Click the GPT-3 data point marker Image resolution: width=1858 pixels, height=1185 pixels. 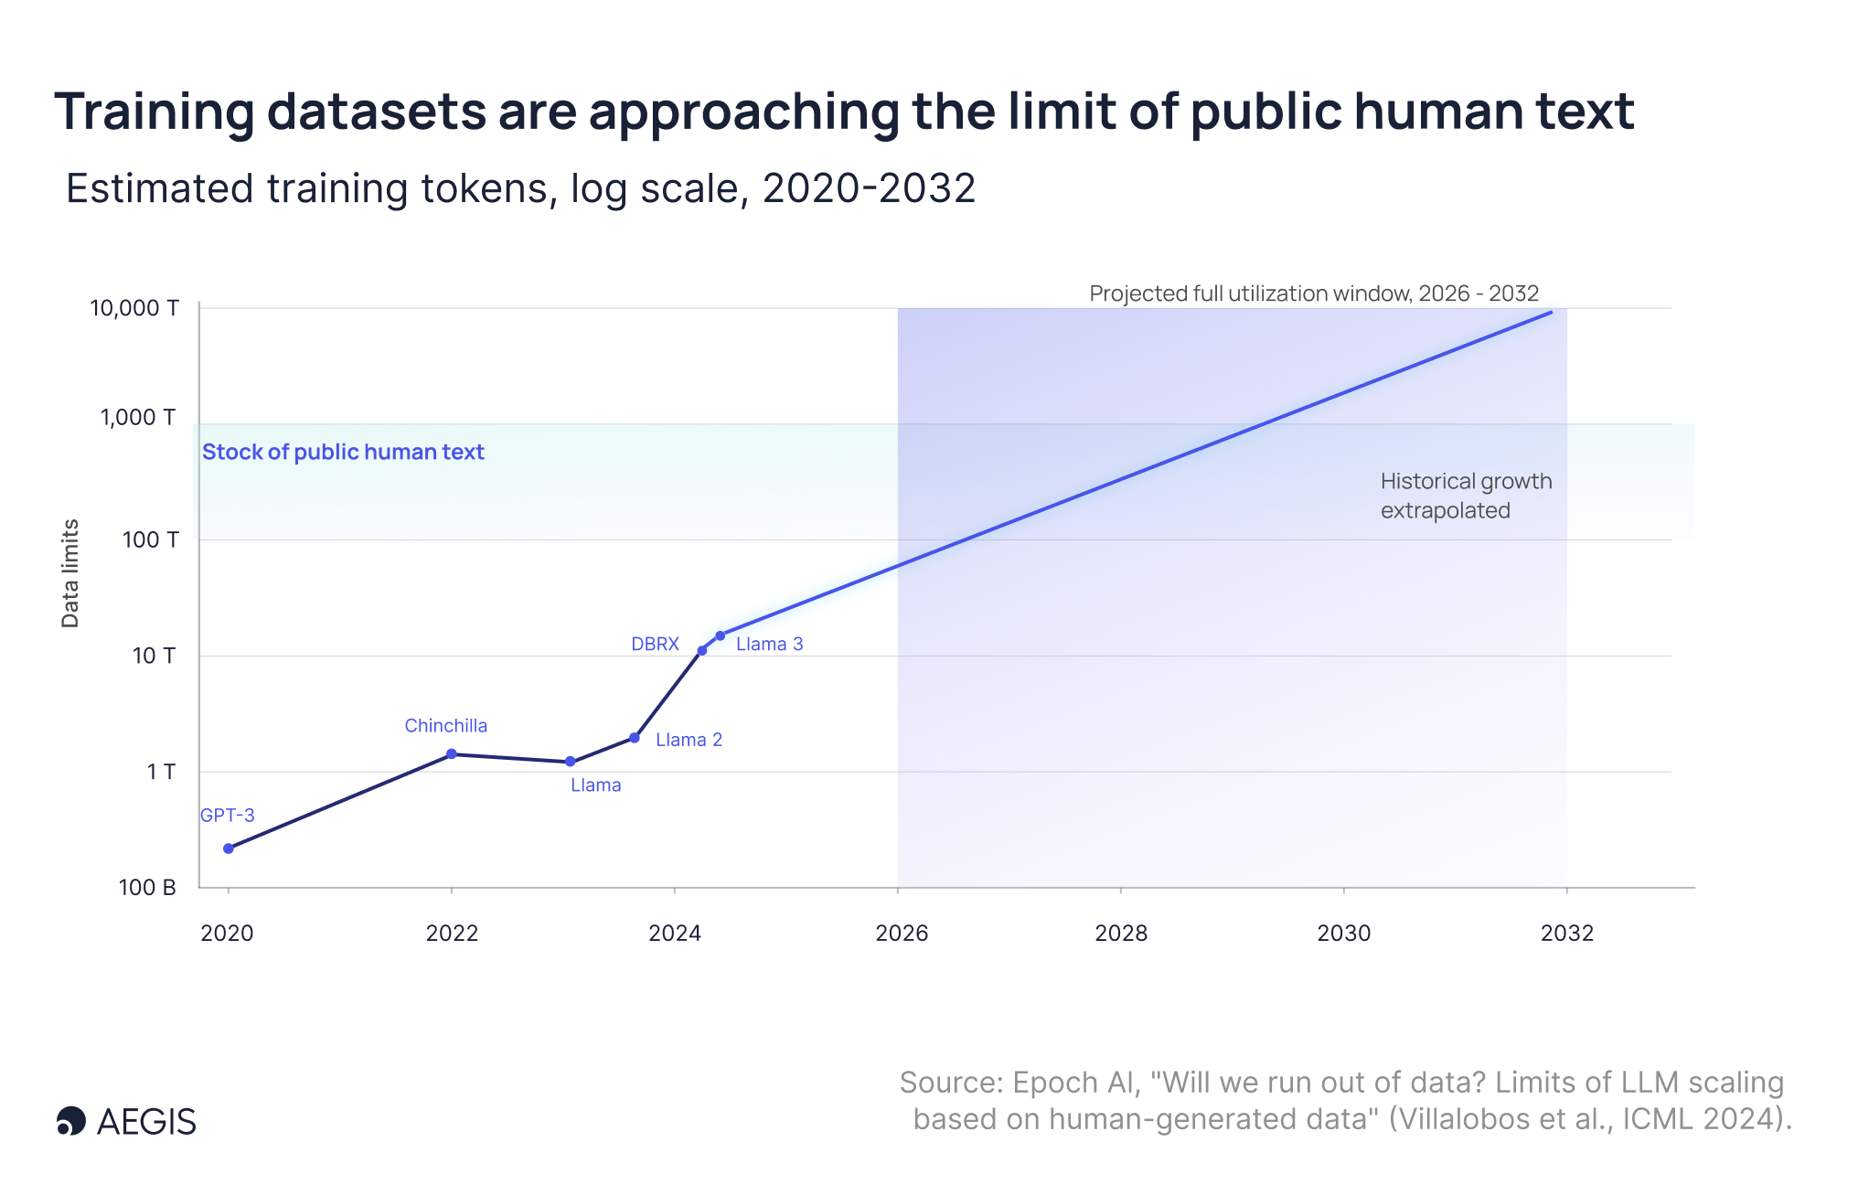[229, 849]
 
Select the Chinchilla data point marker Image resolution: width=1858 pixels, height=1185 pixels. [452, 754]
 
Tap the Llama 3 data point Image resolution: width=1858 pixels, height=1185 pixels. [721, 635]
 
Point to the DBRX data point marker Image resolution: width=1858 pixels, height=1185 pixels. [702, 651]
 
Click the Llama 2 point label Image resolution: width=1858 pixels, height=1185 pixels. [689, 740]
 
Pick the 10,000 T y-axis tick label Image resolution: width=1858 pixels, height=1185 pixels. [134, 308]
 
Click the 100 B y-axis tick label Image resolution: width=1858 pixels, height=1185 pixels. [147, 887]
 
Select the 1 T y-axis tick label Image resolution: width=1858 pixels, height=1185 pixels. [161, 772]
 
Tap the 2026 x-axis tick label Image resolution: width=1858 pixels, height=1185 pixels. [902, 933]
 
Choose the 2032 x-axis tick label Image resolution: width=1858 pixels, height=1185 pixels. [1567, 933]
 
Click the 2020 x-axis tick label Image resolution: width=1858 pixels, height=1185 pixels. [227, 933]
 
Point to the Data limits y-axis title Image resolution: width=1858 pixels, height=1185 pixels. [70, 573]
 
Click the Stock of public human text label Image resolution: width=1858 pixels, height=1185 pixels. [343, 452]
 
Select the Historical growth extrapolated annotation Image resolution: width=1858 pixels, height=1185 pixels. [1467, 496]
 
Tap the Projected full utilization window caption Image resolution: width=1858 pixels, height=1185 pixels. [1314, 294]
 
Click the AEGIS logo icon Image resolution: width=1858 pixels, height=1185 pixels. [71, 1121]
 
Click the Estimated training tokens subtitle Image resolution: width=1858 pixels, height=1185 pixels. [521, 189]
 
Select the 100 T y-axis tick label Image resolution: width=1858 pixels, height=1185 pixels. [151, 539]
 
